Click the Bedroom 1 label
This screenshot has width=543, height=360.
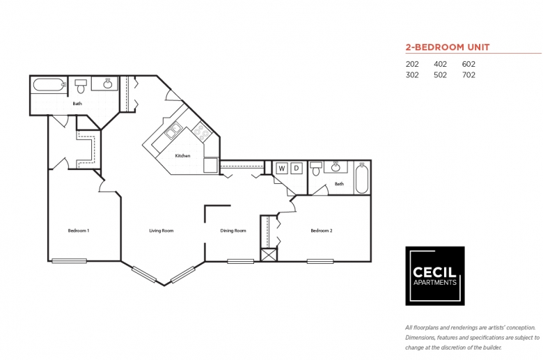click(x=79, y=230)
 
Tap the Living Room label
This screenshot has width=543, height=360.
click(x=161, y=230)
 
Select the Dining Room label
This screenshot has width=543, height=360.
click(x=233, y=230)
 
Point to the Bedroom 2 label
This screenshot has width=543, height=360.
click(x=322, y=230)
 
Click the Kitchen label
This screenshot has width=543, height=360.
click(x=182, y=156)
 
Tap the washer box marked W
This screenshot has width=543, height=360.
click(x=282, y=169)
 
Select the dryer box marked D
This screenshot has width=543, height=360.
click(x=297, y=169)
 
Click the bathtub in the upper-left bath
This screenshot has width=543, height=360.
click(x=49, y=84)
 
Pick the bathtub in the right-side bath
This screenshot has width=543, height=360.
click(x=362, y=178)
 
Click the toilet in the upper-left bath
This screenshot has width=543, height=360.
click(x=81, y=86)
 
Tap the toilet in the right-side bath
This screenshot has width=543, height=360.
click(x=315, y=169)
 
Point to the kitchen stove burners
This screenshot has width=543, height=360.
click(x=201, y=133)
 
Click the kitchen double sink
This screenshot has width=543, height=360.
click(x=173, y=131)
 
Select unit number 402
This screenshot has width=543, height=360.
click(x=440, y=64)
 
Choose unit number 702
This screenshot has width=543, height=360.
click(x=469, y=75)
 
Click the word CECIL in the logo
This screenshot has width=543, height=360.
click(x=434, y=272)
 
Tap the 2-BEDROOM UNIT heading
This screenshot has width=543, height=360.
click(x=448, y=47)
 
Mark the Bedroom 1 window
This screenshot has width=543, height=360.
click(x=69, y=261)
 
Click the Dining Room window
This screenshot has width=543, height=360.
click(x=240, y=261)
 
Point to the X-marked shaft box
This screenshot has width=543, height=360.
click(x=269, y=255)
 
